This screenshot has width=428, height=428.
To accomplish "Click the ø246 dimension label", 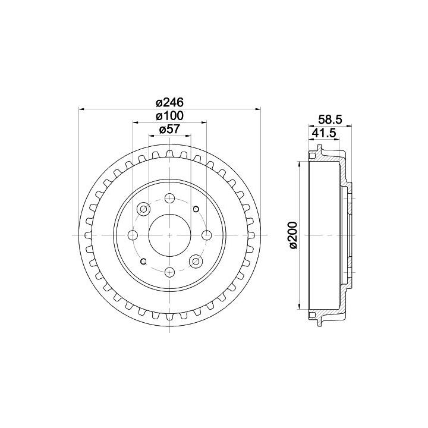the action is (169, 103).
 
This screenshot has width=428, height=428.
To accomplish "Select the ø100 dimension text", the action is (169, 116).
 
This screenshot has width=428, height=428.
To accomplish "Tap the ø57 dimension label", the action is (169, 129).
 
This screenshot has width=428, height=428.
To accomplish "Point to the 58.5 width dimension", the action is (331, 119).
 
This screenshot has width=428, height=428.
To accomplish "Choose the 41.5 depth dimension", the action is (323, 133).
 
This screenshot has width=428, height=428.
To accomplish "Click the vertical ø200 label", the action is (294, 235).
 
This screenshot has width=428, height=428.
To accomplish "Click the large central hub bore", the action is (169, 235).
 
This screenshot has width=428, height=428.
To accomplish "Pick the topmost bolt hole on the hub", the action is (169, 198).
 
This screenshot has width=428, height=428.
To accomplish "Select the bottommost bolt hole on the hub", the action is (169, 272).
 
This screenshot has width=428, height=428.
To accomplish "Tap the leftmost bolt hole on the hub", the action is (133, 235).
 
